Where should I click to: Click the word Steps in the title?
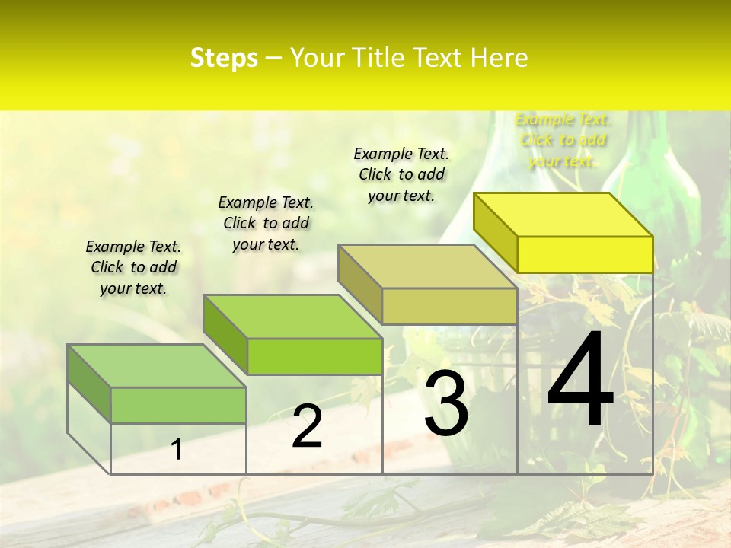tap(224, 58)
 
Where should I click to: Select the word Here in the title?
tap(500, 58)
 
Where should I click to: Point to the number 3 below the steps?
tap(446, 403)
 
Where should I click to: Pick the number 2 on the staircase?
tap(307, 426)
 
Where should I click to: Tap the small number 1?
tap(177, 449)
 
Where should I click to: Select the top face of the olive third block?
tap(427, 266)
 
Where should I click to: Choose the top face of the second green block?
tap(292, 317)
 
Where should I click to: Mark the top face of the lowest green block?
tap(157, 366)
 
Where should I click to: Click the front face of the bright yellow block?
tap(585, 254)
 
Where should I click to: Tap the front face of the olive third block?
tap(449, 306)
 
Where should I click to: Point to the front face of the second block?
tap(314, 356)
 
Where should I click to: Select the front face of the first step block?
tap(178, 405)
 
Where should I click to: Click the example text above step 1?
tap(133, 267)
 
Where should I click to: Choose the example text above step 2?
tap(266, 223)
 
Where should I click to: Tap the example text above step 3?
tap(401, 174)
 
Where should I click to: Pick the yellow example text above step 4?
tap(563, 139)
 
